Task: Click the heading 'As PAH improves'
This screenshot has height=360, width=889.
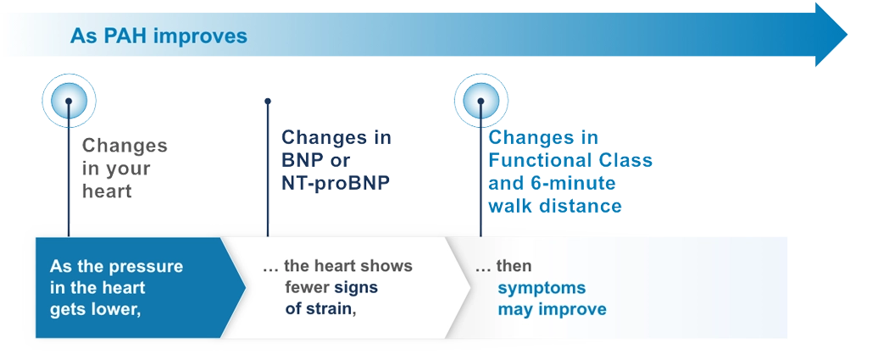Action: (158, 36)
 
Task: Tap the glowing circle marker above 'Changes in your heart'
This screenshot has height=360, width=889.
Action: (69, 102)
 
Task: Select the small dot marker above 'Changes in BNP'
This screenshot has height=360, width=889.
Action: (268, 101)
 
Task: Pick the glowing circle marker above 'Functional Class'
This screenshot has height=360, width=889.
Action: (481, 102)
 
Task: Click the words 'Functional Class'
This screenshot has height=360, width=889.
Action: (570, 161)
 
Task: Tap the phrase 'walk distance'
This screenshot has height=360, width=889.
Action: (555, 206)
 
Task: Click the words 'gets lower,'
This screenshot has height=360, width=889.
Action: (95, 309)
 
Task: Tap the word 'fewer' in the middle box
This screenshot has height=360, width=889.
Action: (308, 287)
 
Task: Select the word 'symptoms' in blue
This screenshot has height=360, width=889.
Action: (542, 287)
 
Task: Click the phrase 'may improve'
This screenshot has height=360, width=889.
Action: (552, 309)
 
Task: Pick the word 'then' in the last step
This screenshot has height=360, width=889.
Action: (514, 266)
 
